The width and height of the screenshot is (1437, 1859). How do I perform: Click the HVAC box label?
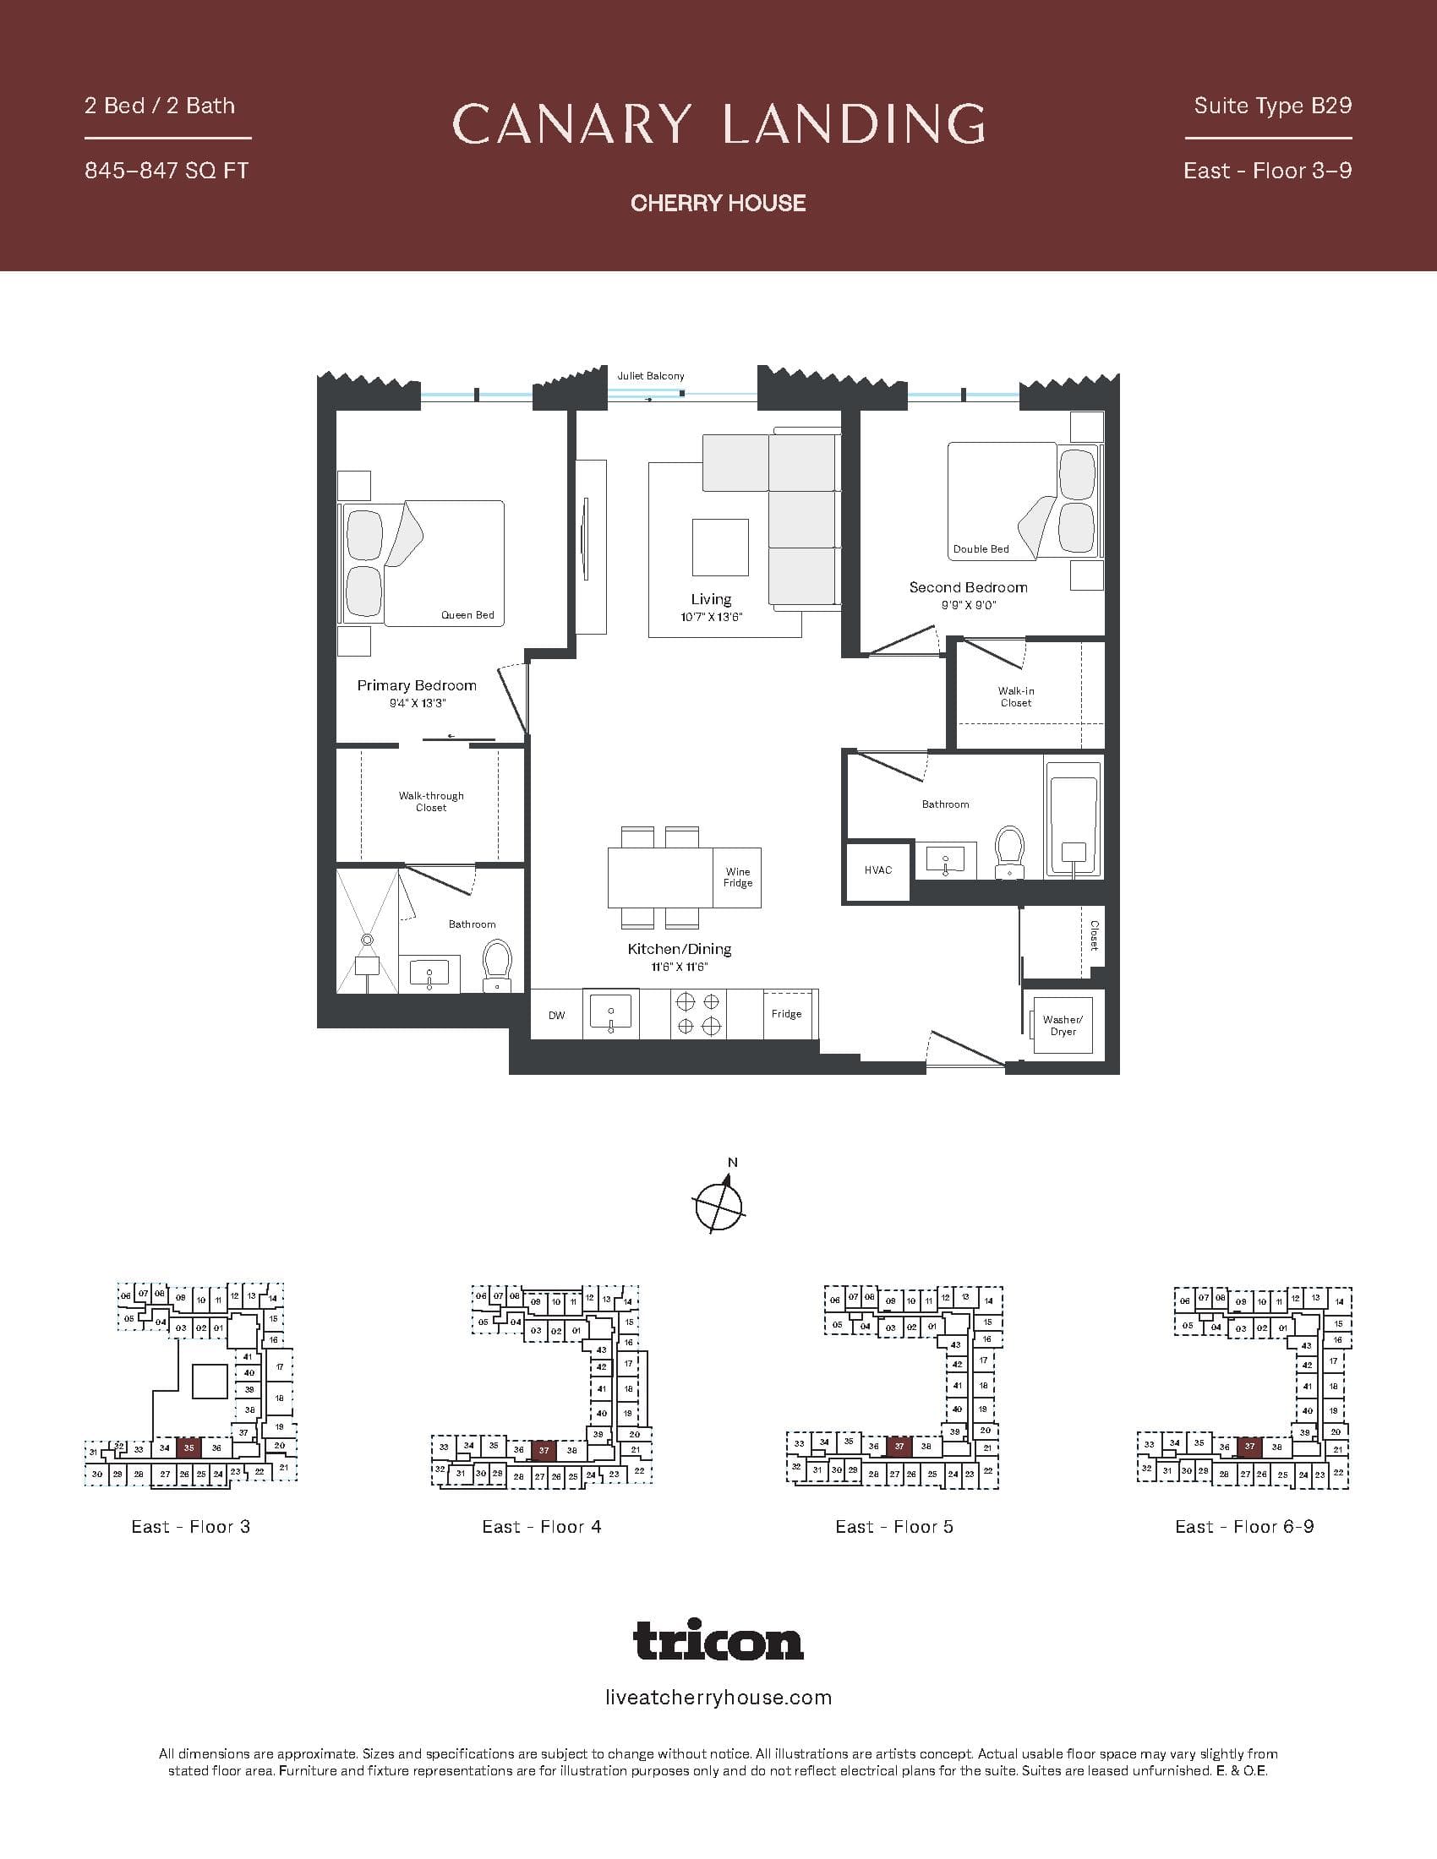point(877,870)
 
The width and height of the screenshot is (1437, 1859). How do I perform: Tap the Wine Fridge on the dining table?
point(737,878)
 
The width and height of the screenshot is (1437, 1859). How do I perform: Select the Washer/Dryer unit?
point(1063,1026)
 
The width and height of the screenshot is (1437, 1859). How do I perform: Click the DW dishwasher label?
point(556,1015)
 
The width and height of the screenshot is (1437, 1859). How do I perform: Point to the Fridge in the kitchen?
point(787,1014)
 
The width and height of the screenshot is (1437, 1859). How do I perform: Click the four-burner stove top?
point(698,1014)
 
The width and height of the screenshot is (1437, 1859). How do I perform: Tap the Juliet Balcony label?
point(650,375)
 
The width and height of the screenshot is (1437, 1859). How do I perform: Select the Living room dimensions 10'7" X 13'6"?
point(712,617)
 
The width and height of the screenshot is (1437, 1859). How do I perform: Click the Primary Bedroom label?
point(416,685)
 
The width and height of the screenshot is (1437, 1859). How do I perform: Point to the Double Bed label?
point(981,549)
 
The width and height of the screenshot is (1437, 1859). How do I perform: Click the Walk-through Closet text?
point(431,802)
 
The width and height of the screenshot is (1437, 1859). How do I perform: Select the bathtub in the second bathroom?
point(1073,826)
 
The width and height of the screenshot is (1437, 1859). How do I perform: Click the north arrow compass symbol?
point(719,1203)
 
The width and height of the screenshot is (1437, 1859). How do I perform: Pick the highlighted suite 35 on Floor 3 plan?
point(189,1447)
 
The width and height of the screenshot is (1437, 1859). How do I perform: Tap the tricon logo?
point(718,1640)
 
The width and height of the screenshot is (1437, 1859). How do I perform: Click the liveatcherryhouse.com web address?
point(718,1698)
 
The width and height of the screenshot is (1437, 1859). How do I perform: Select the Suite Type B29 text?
point(1272,106)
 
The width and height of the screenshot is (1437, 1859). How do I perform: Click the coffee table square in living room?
point(720,548)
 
